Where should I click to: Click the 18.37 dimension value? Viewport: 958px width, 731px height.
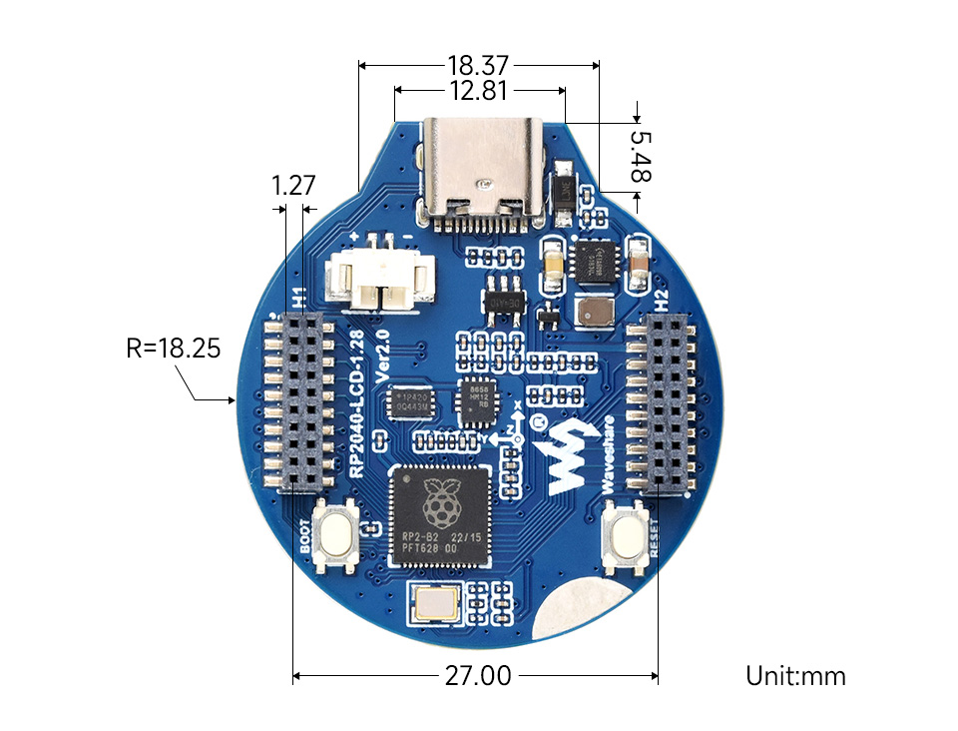[478, 66]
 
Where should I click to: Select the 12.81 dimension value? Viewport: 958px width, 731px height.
[480, 91]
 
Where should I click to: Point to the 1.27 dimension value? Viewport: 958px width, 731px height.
[293, 185]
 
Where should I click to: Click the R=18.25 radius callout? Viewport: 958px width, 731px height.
[173, 349]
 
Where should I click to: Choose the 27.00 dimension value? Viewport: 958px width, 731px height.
[475, 676]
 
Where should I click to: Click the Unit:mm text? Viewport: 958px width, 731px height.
[795, 676]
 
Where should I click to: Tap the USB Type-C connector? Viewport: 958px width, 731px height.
[486, 170]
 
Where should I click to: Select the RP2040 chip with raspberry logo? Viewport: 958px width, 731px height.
[440, 516]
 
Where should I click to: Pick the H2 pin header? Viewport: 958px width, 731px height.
[660, 403]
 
